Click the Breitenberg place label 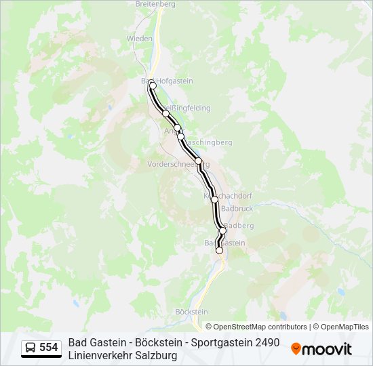pyautogui.click(x=155, y=4)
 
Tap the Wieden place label pyautogui.click(x=140, y=39)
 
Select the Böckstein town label pyautogui.click(x=191, y=312)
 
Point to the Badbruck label pyautogui.click(x=237, y=208)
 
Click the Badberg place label pyautogui.click(x=239, y=225)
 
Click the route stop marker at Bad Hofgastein pyautogui.click(x=153, y=85)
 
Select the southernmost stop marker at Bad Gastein pyautogui.click(x=219, y=250)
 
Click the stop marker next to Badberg pyautogui.click(x=222, y=230)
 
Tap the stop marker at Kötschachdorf pyautogui.click(x=214, y=199)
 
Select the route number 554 pyautogui.click(x=49, y=348)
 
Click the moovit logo pyautogui.click(x=321, y=349)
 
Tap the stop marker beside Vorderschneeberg pyautogui.click(x=199, y=161)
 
